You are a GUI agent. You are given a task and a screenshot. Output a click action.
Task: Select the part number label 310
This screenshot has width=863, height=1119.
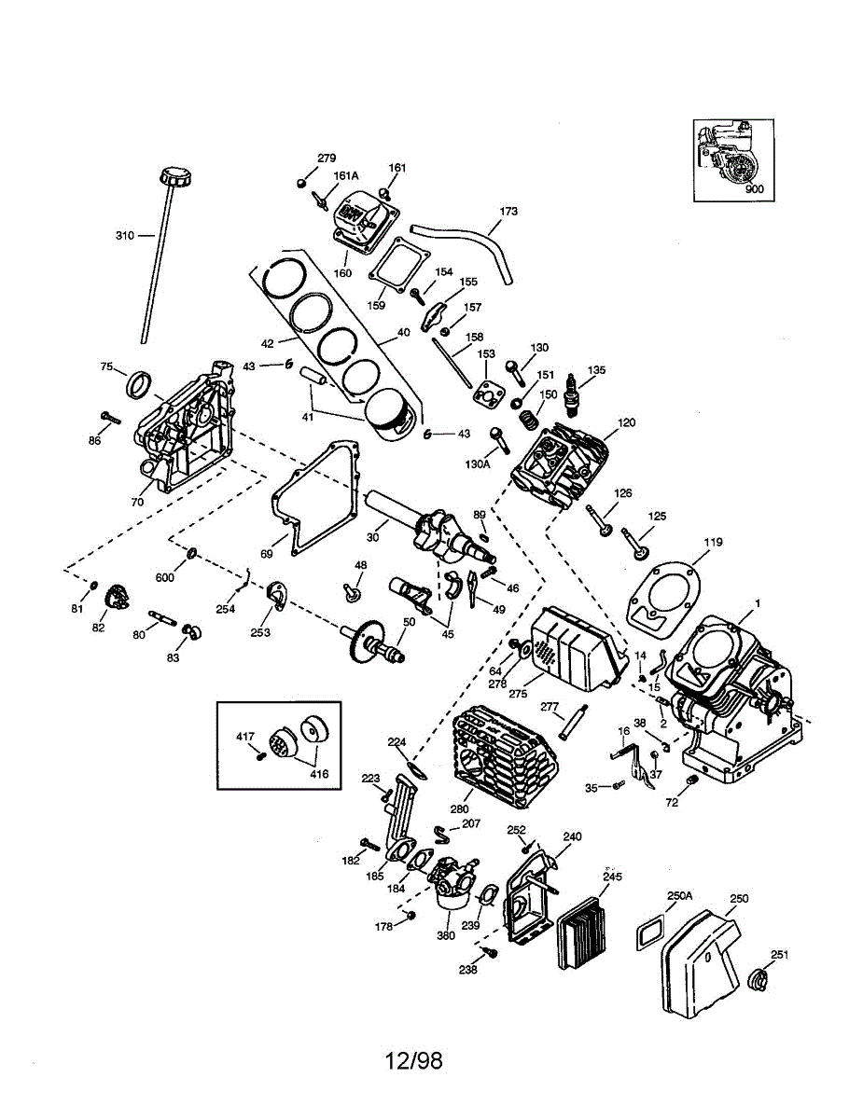click(x=125, y=236)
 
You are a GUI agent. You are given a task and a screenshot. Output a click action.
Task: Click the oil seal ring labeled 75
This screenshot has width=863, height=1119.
click(x=139, y=383)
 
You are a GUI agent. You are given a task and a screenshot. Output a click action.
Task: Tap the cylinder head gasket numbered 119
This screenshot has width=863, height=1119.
click(x=662, y=601)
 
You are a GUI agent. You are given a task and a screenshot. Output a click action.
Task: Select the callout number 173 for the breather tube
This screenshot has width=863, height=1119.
click(x=508, y=211)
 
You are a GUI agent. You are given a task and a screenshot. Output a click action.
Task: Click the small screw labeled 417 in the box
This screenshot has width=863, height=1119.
click(x=261, y=755)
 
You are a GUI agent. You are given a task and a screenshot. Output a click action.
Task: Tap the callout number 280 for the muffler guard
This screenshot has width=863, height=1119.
click(x=459, y=809)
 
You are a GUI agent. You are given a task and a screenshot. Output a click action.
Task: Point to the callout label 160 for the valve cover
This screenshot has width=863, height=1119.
click(x=342, y=273)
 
